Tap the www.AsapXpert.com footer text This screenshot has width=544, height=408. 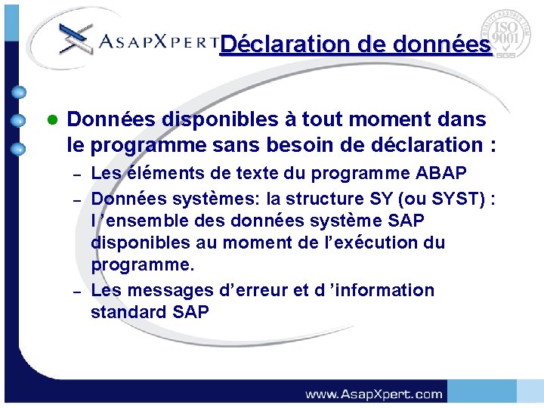373,394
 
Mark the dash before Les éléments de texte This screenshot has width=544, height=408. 76,176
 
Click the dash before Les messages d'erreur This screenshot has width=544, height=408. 76,292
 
